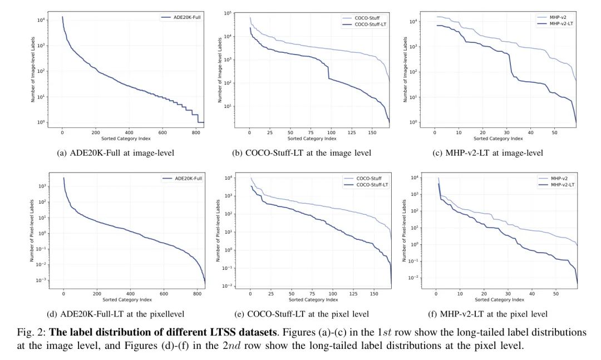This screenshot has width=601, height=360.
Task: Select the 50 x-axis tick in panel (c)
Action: point(554,132)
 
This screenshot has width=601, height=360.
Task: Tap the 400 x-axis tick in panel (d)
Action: point(130,294)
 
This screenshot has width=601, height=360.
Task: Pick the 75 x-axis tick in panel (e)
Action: point(312,294)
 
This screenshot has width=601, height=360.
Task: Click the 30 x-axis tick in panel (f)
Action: point(508,294)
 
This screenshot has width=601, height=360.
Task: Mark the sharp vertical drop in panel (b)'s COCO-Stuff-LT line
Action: point(328,72)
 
